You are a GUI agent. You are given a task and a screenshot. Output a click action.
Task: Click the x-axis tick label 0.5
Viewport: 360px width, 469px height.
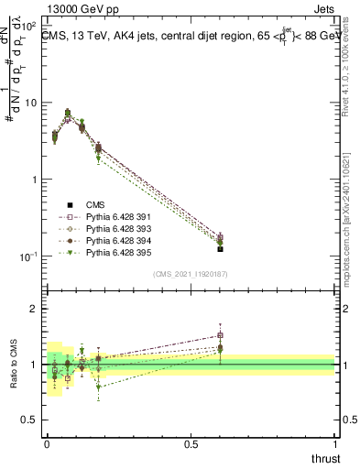[x=191, y=443]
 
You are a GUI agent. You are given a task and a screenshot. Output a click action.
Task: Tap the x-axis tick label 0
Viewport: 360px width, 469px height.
[x=46, y=443]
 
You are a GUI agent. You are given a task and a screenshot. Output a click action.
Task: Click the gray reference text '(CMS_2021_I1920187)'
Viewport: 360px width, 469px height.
[x=191, y=274]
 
